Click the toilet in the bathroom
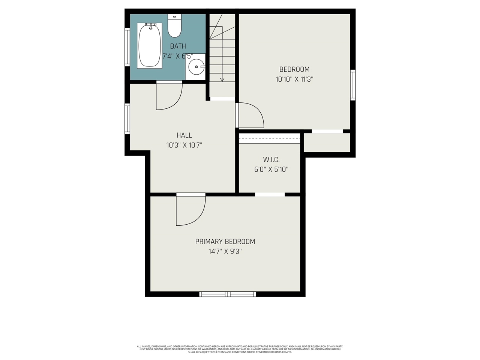[174, 26]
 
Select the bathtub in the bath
[150, 45]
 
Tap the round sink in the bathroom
[196, 67]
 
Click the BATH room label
[178, 46]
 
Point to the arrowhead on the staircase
[222, 79]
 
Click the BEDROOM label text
[294, 69]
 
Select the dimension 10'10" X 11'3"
[294, 79]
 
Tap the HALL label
[184, 135]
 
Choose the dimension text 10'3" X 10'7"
[184, 145]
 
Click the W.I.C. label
[271, 159]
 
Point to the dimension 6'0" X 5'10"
[271, 169]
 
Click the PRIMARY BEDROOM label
[225, 241]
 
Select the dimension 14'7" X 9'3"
[225, 252]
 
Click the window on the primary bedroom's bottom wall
[228, 294]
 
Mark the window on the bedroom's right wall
[352, 85]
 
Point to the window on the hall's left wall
[127, 119]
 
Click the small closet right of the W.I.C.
[327, 142]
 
